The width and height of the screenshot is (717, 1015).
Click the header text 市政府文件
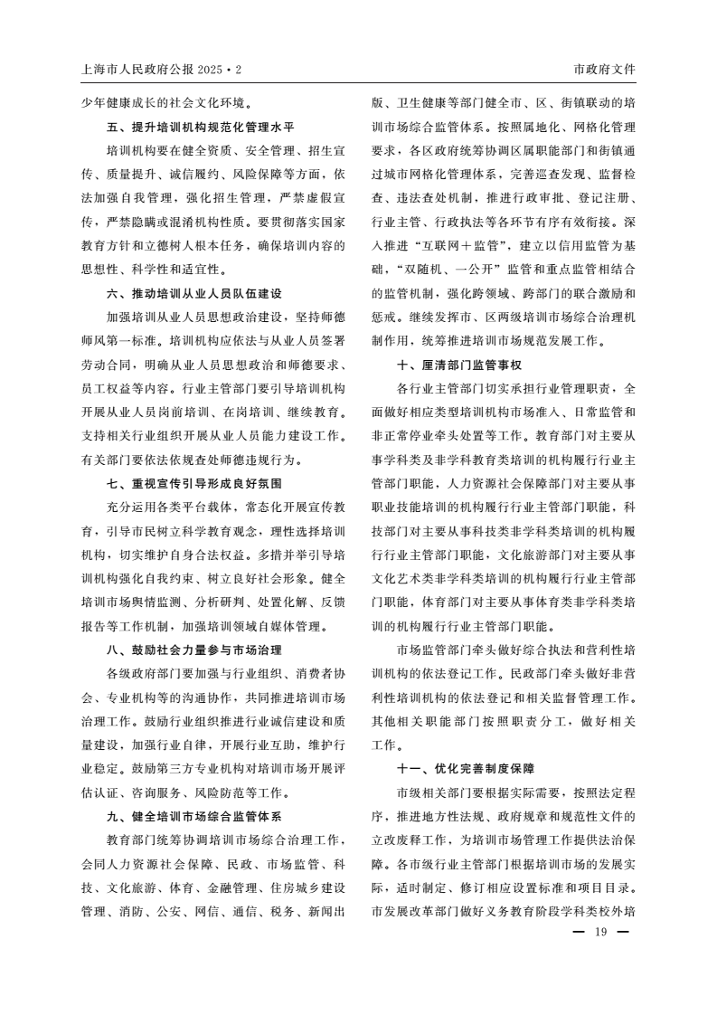[x=604, y=70]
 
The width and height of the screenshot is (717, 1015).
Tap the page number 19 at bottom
[x=599, y=933]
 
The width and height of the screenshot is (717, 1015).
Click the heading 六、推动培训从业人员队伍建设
[x=194, y=293]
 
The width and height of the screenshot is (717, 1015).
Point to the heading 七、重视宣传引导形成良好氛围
[x=194, y=483]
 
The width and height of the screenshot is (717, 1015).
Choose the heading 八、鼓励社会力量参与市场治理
[x=194, y=650]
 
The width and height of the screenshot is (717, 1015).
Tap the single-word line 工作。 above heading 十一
[x=385, y=745]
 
